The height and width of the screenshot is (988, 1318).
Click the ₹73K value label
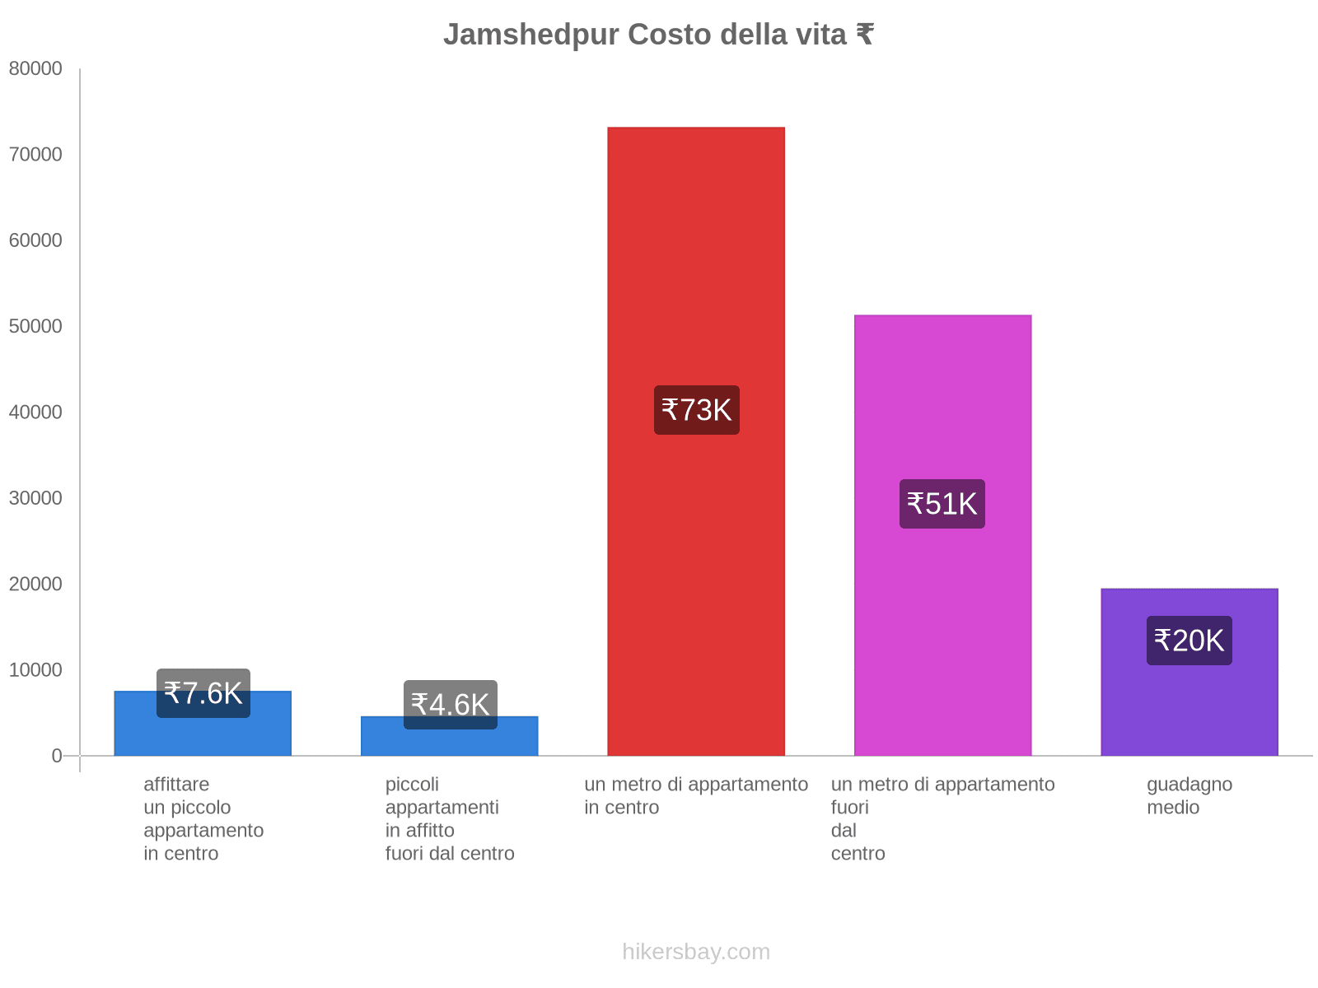pos(696,410)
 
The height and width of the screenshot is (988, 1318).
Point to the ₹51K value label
pos(942,504)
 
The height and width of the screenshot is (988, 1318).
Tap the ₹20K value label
pos(1189,641)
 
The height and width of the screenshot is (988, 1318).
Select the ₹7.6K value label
pos(203,693)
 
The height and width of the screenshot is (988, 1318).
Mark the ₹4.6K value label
pos(450,705)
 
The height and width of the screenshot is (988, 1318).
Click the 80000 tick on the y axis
pos(35,69)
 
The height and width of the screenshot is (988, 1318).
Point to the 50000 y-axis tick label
pos(35,327)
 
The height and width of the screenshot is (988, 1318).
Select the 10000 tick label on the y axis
pos(35,670)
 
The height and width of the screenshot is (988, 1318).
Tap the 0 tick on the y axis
pos(57,756)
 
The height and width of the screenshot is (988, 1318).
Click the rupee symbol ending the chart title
pos(864,35)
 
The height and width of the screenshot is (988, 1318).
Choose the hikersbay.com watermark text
pos(696,952)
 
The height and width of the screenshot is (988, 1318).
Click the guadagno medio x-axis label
pos(1189,795)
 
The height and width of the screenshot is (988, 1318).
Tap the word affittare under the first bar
pos(176,785)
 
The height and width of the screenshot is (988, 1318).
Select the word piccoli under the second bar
pos(412,785)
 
